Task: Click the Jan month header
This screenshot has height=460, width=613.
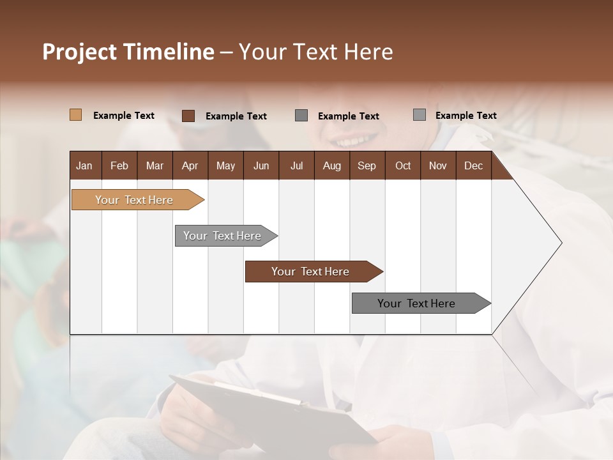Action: [x=85, y=165]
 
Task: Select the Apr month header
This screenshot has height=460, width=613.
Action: [x=190, y=165]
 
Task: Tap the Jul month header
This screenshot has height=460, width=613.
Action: [x=296, y=165]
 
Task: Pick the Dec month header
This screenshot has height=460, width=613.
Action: [x=473, y=165]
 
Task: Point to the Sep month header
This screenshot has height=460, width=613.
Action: [x=367, y=165]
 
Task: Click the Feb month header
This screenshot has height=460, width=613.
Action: [x=119, y=165]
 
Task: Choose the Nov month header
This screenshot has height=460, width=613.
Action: [x=437, y=165]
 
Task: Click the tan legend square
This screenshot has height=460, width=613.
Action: [x=76, y=115]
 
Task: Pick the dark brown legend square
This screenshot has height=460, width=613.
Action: [x=188, y=116]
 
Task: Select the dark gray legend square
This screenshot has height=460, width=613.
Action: [x=301, y=116]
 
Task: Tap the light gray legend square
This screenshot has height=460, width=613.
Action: [x=420, y=115]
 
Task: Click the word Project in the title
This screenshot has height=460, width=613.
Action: [x=79, y=52]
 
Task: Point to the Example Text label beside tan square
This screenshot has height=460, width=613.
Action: [x=124, y=116]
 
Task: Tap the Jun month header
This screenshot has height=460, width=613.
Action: [x=261, y=165]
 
